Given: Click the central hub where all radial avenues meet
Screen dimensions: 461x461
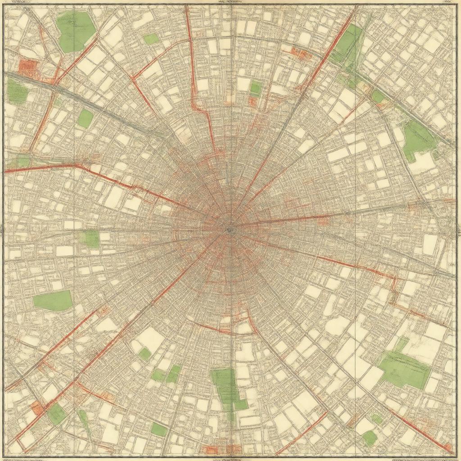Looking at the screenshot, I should coord(230,229).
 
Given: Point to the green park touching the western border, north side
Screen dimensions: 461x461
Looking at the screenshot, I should coord(17,91).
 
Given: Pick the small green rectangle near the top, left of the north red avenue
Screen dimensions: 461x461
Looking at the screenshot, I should coord(151,39).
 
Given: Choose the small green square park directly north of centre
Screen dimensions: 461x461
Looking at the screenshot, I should coord(256,88).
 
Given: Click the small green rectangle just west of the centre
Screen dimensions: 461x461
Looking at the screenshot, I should coord(90,239).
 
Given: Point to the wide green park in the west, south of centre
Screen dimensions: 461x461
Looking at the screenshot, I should coord(53,301).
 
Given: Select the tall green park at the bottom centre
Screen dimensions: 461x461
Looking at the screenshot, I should coord(227,387).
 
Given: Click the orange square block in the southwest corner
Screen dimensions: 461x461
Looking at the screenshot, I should coord(37,408).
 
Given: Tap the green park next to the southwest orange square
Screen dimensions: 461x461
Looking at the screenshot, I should coord(57,414).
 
